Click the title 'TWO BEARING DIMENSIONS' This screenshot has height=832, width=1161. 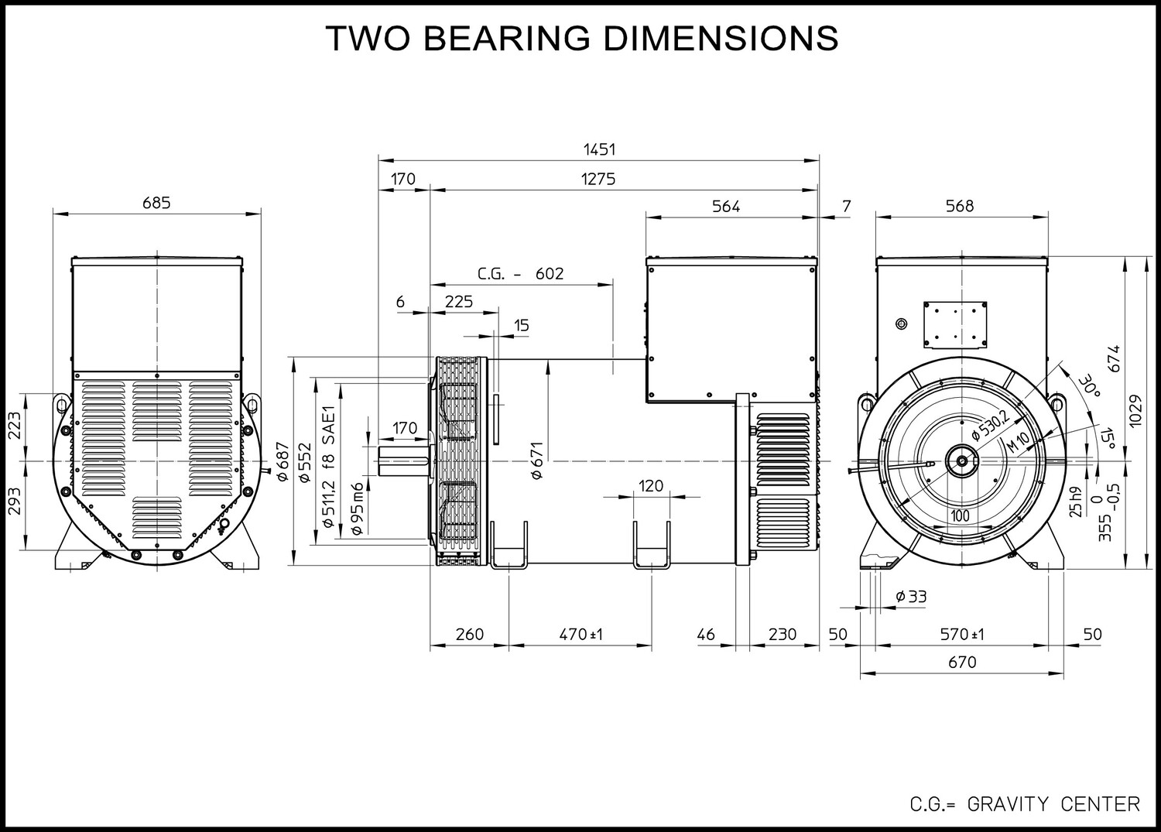point(581,38)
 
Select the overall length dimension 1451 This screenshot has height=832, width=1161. point(599,150)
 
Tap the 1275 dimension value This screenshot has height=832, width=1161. point(598,180)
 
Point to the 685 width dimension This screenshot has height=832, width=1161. point(156,203)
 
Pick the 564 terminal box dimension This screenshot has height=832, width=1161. point(726,207)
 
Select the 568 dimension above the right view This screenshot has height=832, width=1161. point(960,207)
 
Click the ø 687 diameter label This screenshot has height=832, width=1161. point(283,461)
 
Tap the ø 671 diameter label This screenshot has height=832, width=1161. point(536,461)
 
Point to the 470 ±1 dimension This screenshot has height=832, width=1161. point(581,635)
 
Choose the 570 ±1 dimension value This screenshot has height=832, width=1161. point(962,635)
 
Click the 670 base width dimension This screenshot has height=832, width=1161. point(962,663)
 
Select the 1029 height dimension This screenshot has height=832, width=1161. point(1135,411)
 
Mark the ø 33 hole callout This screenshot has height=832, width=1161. point(911,597)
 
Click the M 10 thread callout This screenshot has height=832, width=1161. point(1018,442)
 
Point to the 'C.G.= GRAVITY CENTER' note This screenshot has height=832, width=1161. point(1025,804)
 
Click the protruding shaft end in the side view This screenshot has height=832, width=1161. point(403,461)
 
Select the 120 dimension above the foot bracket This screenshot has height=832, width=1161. point(650,486)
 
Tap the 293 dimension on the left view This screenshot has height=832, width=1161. point(15,501)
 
